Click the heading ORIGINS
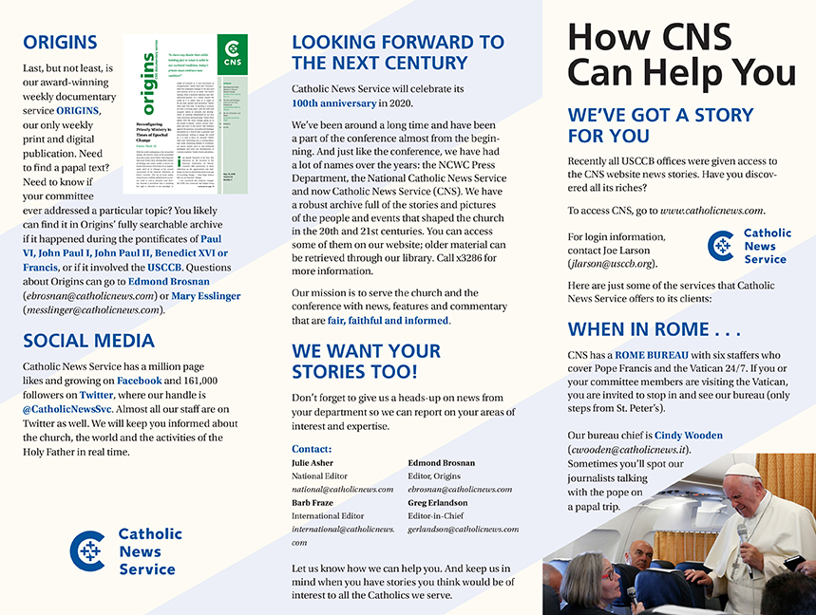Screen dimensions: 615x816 (60, 42)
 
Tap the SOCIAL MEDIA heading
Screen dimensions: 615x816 (88, 340)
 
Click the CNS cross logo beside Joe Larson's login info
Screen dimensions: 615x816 (721, 246)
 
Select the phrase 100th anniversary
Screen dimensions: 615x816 (333, 103)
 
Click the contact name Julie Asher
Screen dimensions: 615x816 (313, 463)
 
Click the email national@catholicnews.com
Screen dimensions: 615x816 (342, 490)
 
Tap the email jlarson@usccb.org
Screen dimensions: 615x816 (612, 263)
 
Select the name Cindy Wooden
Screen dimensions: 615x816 (689, 436)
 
